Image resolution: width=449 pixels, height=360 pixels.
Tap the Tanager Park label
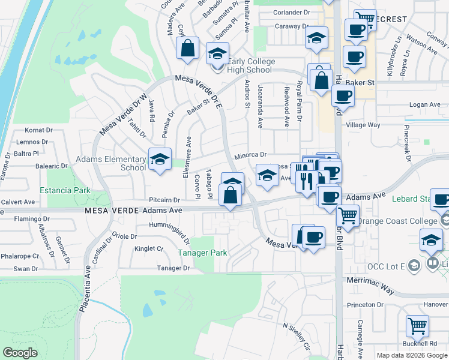pyautogui.click(x=202, y=253)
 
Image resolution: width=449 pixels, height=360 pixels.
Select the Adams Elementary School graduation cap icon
pyautogui.click(x=160, y=160)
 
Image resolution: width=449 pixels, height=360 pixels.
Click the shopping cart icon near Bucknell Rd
pyautogui.click(x=417, y=327)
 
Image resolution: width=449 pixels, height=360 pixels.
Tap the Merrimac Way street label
pyautogui.click(x=370, y=285)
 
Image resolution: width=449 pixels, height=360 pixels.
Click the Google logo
pyautogui.click(x=20, y=353)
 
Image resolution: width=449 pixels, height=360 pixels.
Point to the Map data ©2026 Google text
pyautogui.click(x=412, y=355)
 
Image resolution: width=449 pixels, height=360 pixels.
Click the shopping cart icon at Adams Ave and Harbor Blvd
pyautogui.click(x=348, y=214)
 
